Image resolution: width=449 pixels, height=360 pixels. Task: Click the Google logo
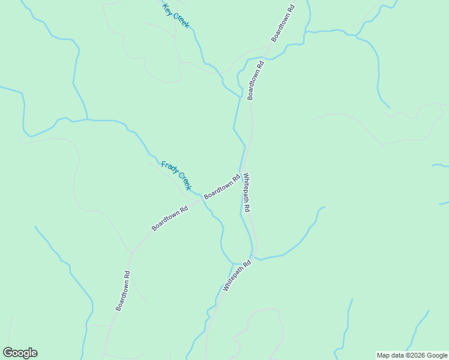pyautogui.click(x=20, y=353)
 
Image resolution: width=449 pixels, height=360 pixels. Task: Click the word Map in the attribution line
pyautogui.click(x=384, y=355)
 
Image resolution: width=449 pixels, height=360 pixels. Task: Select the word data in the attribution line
pyautogui.click(x=398, y=355)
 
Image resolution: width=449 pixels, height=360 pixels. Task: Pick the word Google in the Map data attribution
pyautogui.click(x=437, y=355)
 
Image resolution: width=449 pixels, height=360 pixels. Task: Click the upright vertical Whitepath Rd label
pyautogui.click(x=247, y=192)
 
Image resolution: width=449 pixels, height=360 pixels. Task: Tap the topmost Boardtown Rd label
pyautogui.click(x=283, y=23)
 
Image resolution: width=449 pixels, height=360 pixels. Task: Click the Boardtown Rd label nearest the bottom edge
pyautogui.click(x=123, y=290)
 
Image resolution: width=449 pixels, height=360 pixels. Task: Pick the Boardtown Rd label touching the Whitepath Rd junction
pyautogui.click(x=221, y=187)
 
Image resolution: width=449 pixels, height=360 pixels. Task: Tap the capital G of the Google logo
pyautogui.click(x=8, y=353)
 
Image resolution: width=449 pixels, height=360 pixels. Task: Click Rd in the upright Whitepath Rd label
pyautogui.click(x=247, y=208)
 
